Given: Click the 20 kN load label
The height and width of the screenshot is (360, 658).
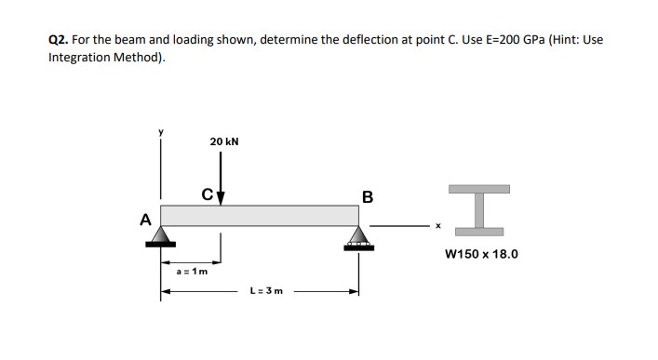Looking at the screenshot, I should click(x=223, y=141).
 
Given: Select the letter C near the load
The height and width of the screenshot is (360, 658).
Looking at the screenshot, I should click(x=208, y=194).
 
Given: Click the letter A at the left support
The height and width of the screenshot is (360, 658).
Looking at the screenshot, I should click(x=144, y=220).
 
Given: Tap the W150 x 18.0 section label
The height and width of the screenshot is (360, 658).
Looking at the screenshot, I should click(x=481, y=253).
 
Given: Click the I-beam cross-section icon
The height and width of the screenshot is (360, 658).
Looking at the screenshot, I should click(x=481, y=207).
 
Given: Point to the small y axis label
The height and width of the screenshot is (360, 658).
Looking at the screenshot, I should click(x=159, y=133).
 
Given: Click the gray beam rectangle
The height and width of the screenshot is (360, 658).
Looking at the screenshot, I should click(x=260, y=215).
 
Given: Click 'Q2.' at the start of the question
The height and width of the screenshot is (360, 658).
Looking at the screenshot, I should click(x=59, y=41).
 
